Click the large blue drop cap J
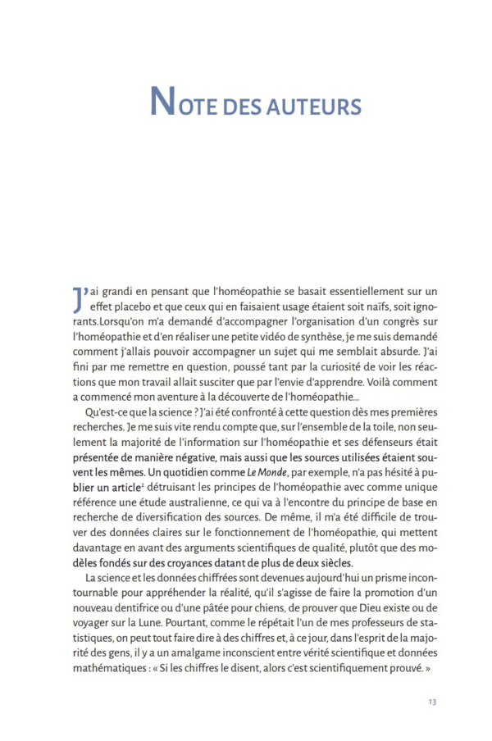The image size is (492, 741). click(x=79, y=299)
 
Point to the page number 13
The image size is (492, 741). click(x=432, y=702)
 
